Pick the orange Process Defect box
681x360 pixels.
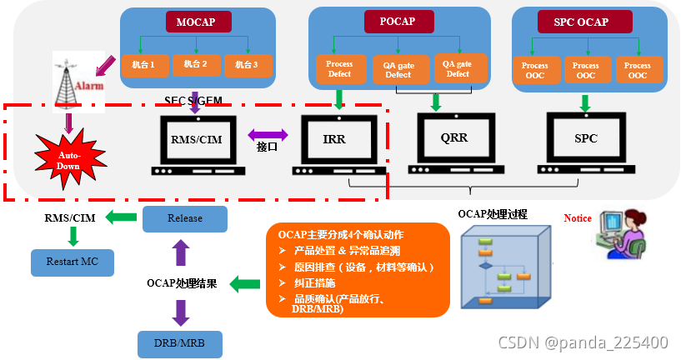coord(339,69)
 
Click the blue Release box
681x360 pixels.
coord(184,219)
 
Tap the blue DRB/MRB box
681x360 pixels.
coord(180,342)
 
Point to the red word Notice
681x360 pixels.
coord(578,218)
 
